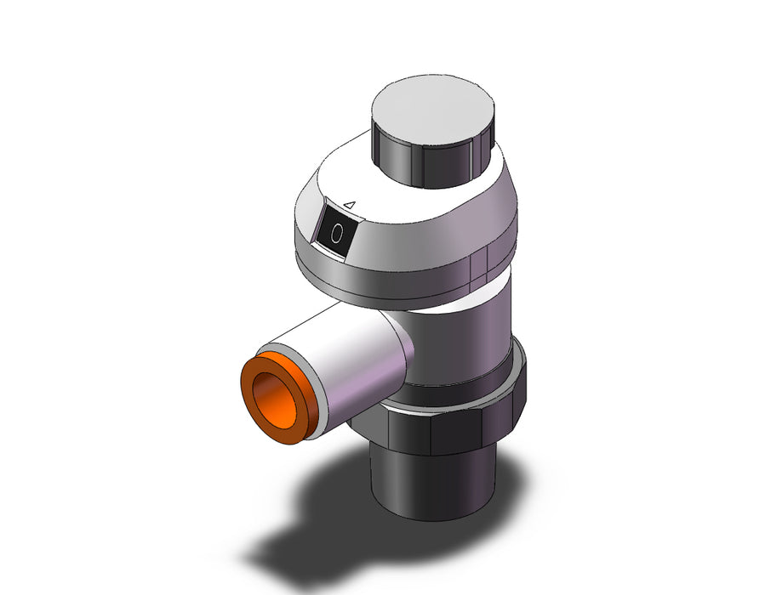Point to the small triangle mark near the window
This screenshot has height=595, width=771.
[350, 204]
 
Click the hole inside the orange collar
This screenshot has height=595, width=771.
[273, 399]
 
